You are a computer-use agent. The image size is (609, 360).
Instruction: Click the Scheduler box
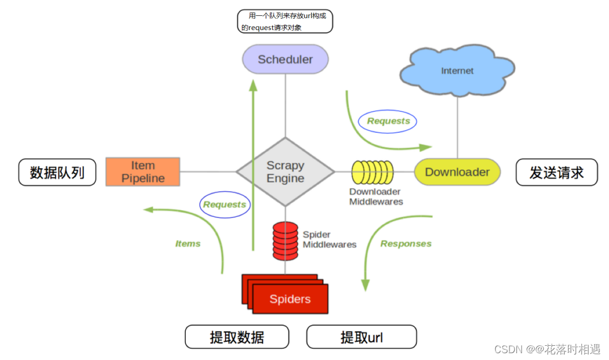[285, 59]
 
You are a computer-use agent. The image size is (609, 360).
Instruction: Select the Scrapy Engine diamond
[285, 171]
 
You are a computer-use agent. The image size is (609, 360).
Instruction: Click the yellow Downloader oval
[457, 172]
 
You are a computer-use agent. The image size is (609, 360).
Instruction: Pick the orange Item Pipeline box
[143, 172]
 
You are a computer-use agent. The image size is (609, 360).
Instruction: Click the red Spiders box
[290, 299]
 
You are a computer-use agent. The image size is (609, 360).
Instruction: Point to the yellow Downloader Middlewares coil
[373, 172]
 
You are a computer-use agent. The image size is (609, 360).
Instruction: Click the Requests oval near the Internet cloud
[388, 121]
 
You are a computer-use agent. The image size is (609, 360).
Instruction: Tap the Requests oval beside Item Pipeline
[224, 204]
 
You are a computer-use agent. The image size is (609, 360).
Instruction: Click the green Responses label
[406, 244]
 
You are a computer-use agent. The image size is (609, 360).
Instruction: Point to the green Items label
[187, 244]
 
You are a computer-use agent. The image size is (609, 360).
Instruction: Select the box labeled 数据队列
[57, 172]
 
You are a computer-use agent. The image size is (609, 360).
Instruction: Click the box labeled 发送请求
[556, 172]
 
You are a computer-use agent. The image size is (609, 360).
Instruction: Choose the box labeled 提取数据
[237, 337]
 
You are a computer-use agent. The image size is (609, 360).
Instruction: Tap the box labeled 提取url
[361, 337]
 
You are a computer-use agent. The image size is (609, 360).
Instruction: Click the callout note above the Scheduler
[285, 21]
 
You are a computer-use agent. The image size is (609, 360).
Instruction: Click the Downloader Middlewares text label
[376, 196]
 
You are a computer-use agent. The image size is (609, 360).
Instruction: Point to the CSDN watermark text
[547, 349]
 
